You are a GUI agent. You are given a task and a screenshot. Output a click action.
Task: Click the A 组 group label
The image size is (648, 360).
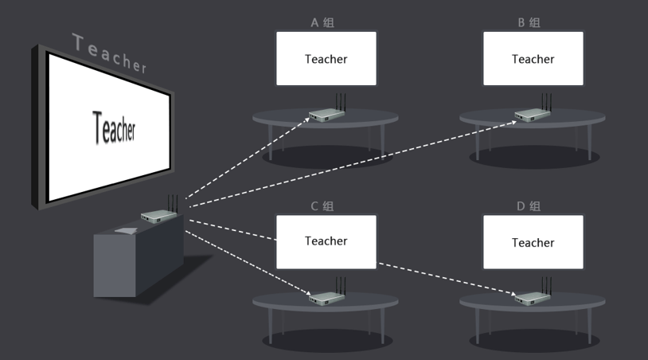(322, 23)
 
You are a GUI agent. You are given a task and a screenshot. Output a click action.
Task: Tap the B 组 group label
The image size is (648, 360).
(529, 23)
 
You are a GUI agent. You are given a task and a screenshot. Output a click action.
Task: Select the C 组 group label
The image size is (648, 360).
(322, 206)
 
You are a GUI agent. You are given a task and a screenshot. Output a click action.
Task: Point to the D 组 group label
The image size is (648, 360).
(529, 206)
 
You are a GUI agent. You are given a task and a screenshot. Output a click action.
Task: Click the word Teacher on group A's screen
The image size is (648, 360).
(326, 59)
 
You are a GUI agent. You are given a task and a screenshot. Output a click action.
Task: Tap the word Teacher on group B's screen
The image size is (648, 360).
(533, 59)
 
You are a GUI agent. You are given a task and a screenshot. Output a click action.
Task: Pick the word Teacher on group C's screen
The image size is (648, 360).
(326, 241)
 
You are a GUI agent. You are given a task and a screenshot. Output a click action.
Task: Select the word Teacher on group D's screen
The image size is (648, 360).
(533, 243)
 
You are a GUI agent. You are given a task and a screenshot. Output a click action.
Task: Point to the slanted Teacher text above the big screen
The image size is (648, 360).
(110, 53)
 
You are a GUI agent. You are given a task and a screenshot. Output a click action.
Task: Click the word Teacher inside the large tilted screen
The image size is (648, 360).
(114, 127)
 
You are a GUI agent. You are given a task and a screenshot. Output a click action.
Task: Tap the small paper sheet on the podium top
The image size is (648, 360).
(126, 231)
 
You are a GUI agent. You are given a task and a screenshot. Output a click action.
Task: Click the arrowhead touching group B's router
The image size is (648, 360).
(513, 123)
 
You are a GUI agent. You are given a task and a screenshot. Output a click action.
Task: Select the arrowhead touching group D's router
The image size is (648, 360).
(513, 294)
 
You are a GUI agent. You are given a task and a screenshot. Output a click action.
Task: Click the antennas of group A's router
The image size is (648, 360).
(341, 103)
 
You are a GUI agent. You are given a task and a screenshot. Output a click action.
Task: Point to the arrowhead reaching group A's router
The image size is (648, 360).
(307, 119)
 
